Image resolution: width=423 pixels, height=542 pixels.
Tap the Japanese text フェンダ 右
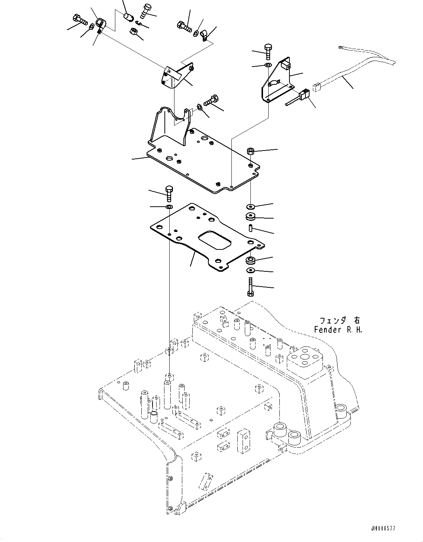click(340, 320)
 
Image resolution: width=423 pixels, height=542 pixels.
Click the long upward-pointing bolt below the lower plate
click(250, 287)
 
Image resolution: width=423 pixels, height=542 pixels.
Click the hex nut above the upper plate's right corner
click(250, 151)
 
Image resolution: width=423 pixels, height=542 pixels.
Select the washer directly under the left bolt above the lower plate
click(169, 206)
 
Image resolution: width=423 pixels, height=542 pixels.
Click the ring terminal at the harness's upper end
click(340, 47)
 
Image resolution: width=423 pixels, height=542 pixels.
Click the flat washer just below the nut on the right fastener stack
click(250, 206)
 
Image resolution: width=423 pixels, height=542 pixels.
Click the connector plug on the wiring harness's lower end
click(316, 88)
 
